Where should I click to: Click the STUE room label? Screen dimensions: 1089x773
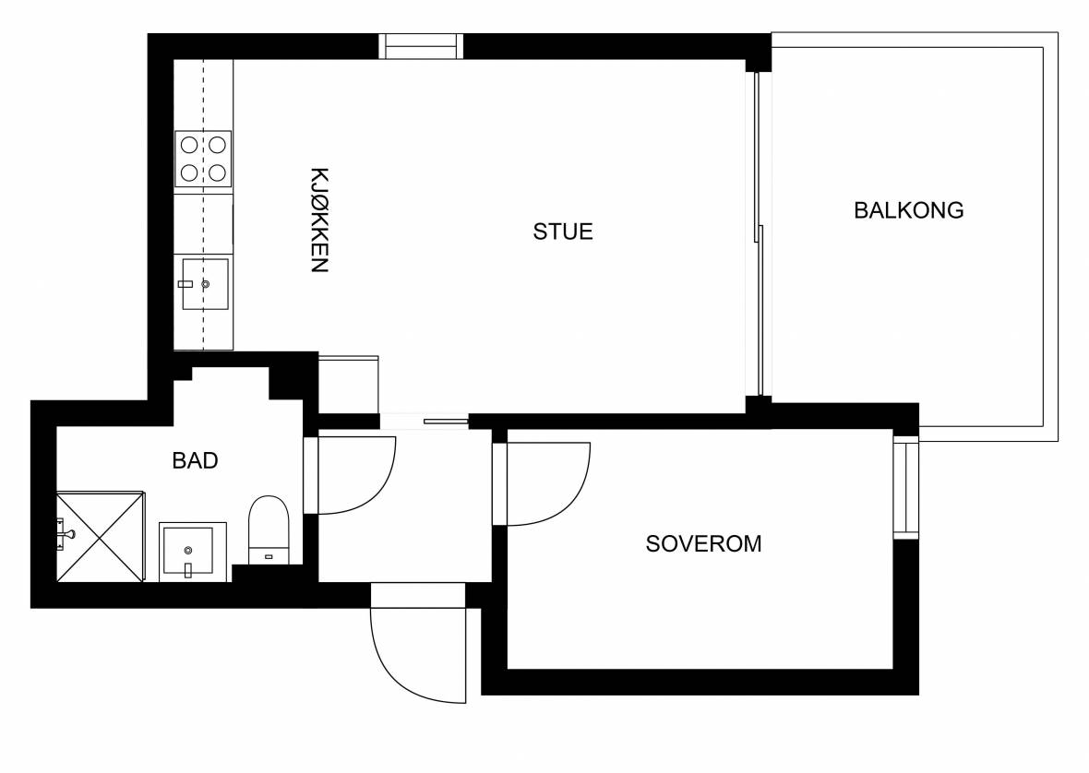(563, 232)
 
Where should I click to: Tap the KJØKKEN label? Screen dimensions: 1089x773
(318, 220)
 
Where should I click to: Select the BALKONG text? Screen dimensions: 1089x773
(908, 210)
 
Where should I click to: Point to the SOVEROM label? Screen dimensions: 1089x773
(703, 543)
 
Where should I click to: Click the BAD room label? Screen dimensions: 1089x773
(195, 460)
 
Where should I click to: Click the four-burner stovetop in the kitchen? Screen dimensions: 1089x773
(203, 159)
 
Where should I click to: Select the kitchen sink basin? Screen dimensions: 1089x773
(205, 284)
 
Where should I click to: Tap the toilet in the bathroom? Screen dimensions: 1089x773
(268, 529)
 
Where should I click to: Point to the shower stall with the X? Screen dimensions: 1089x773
(100, 536)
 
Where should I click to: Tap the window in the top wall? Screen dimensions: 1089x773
(421, 46)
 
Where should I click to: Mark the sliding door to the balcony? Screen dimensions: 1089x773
(759, 234)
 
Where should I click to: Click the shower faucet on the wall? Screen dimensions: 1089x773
(66, 534)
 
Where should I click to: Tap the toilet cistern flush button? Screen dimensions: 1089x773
(269, 556)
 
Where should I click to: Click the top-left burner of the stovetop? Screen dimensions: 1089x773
(189, 145)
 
